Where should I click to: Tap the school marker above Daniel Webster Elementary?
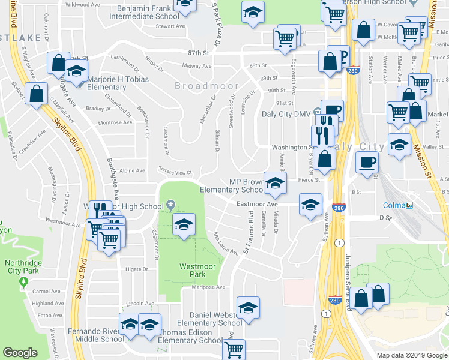[248, 307]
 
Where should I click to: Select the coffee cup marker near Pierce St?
[367, 161]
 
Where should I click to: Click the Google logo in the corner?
[20, 352]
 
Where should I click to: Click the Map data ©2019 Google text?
[411, 355]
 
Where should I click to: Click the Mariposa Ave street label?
[208, 287]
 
